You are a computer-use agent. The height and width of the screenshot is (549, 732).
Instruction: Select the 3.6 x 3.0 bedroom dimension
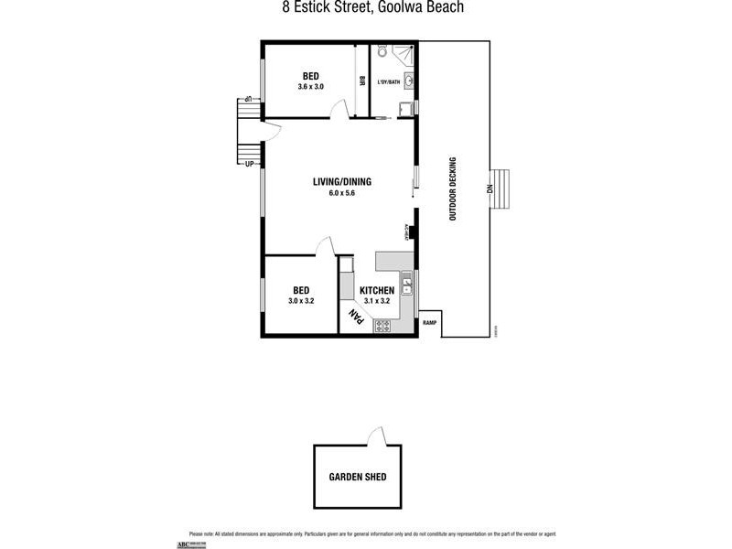click(310, 87)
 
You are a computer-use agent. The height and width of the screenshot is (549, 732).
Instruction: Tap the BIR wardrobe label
click(362, 81)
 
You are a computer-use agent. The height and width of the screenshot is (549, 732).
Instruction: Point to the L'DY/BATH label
click(389, 83)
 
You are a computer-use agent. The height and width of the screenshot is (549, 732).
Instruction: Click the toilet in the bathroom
click(383, 52)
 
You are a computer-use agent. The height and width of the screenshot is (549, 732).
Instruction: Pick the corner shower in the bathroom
click(408, 53)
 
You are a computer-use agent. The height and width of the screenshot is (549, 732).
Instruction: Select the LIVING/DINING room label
click(342, 181)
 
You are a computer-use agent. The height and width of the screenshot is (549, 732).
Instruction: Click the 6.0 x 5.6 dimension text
click(342, 193)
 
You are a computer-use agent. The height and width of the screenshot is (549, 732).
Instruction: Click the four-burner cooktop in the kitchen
click(382, 324)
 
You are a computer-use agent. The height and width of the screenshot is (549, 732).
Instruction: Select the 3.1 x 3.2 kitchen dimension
click(377, 300)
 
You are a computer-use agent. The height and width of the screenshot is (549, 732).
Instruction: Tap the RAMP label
click(428, 323)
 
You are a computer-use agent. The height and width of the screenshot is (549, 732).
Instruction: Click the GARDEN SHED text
click(358, 477)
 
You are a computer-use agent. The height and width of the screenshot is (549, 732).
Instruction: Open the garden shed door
click(374, 436)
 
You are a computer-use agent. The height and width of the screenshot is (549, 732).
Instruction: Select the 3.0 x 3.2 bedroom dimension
click(301, 300)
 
